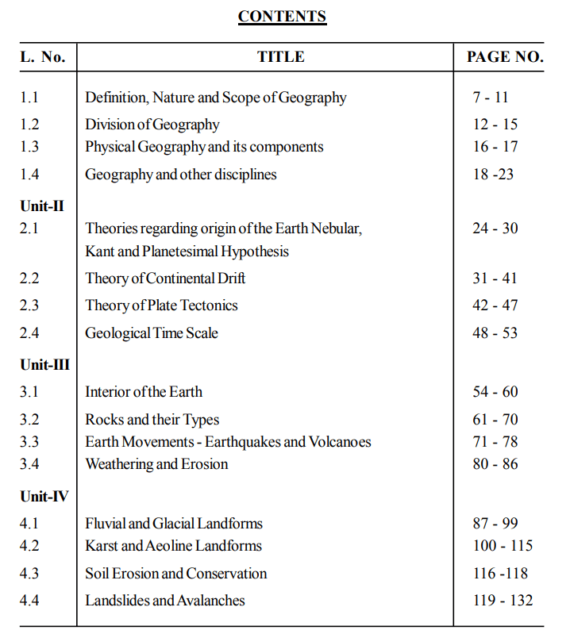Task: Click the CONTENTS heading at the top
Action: pyautogui.click(x=282, y=17)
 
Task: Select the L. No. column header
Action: pyautogui.click(x=43, y=56)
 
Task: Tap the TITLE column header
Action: pyautogui.click(x=281, y=56)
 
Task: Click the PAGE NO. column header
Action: pyautogui.click(x=505, y=56)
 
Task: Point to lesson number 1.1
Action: pyautogui.click(x=29, y=98)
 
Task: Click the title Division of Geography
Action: pyautogui.click(x=152, y=125)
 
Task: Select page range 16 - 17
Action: pyautogui.click(x=495, y=147)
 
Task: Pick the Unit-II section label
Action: pyautogui.click(x=42, y=206)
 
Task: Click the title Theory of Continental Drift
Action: pyautogui.click(x=165, y=279)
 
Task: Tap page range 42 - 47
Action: pyautogui.click(x=495, y=305)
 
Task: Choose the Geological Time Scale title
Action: pyautogui.click(x=152, y=333)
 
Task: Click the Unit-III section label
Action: pyautogui.click(x=44, y=366)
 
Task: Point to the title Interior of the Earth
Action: pyautogui.click(x=144, y=392)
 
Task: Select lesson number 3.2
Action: pyautogui.click(x=29, y=420)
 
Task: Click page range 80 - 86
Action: pyautogui.click(x=495, y=464)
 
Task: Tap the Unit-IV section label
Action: pyautogui.click(x=44, y=497)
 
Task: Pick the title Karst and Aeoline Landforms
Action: pyautogui.click(x=173, y=546)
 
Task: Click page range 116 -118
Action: pyautogui.click(x=500, y=574)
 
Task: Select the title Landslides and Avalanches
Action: pyautogui.click(x=165, y=601)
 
